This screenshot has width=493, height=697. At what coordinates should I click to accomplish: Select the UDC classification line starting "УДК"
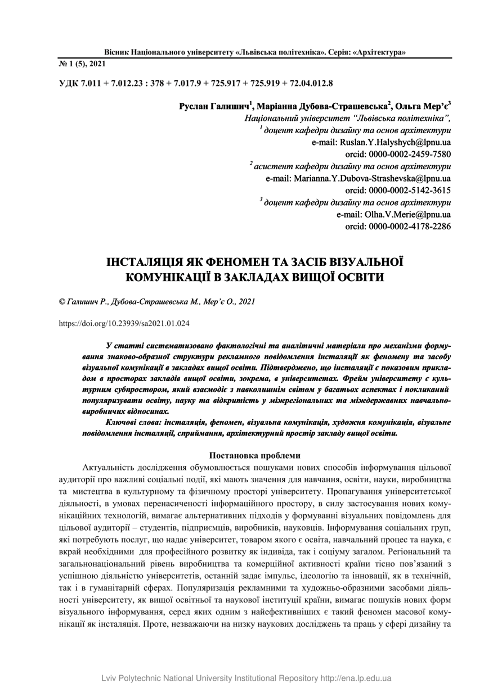196,84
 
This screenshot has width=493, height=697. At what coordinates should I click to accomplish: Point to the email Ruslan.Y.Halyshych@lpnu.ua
381,142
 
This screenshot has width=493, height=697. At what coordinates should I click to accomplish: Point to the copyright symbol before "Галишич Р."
62,302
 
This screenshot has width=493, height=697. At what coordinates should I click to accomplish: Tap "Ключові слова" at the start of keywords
131,422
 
